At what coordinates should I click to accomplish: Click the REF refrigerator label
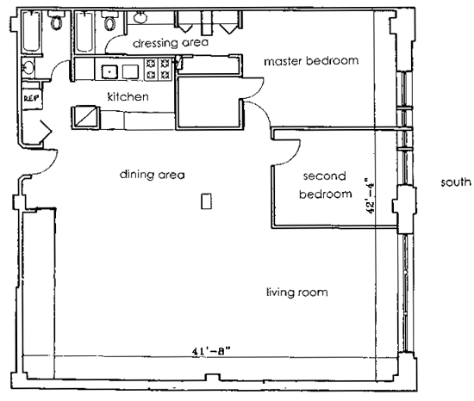pos(31,98)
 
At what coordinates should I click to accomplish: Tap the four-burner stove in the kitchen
pos(158,69)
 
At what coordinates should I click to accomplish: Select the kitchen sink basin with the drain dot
pos(109,71)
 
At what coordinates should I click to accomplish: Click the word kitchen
pos(128,96)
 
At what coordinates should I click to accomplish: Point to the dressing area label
pos(171,43)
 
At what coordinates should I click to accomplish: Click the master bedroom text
pos(311,61)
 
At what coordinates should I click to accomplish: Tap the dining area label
pos(152,175)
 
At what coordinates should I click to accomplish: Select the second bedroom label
pos(325,185)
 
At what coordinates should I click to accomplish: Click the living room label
pos(296,293)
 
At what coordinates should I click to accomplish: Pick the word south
pos(456,182)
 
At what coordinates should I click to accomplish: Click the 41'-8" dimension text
pos(211,351)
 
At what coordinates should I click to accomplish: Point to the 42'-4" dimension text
pos(371,198)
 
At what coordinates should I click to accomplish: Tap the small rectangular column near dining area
pos(207,201)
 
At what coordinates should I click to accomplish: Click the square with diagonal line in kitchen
pos(85,117)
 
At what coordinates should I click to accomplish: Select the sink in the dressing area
pos(140,17)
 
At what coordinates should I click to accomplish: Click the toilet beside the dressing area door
pos(109,22)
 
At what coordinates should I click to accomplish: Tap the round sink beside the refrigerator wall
pos(28,67)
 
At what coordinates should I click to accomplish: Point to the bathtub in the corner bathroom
pos(31,31)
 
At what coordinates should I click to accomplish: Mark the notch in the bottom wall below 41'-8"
pos(213,378)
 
